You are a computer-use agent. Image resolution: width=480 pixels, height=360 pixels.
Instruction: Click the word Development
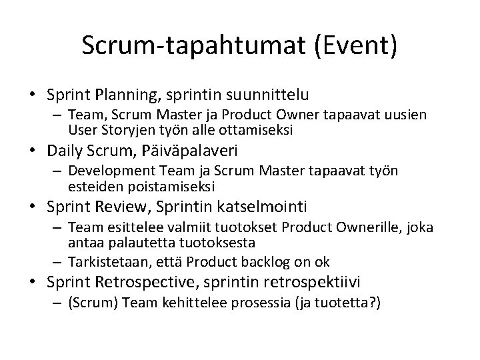(106, 171)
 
